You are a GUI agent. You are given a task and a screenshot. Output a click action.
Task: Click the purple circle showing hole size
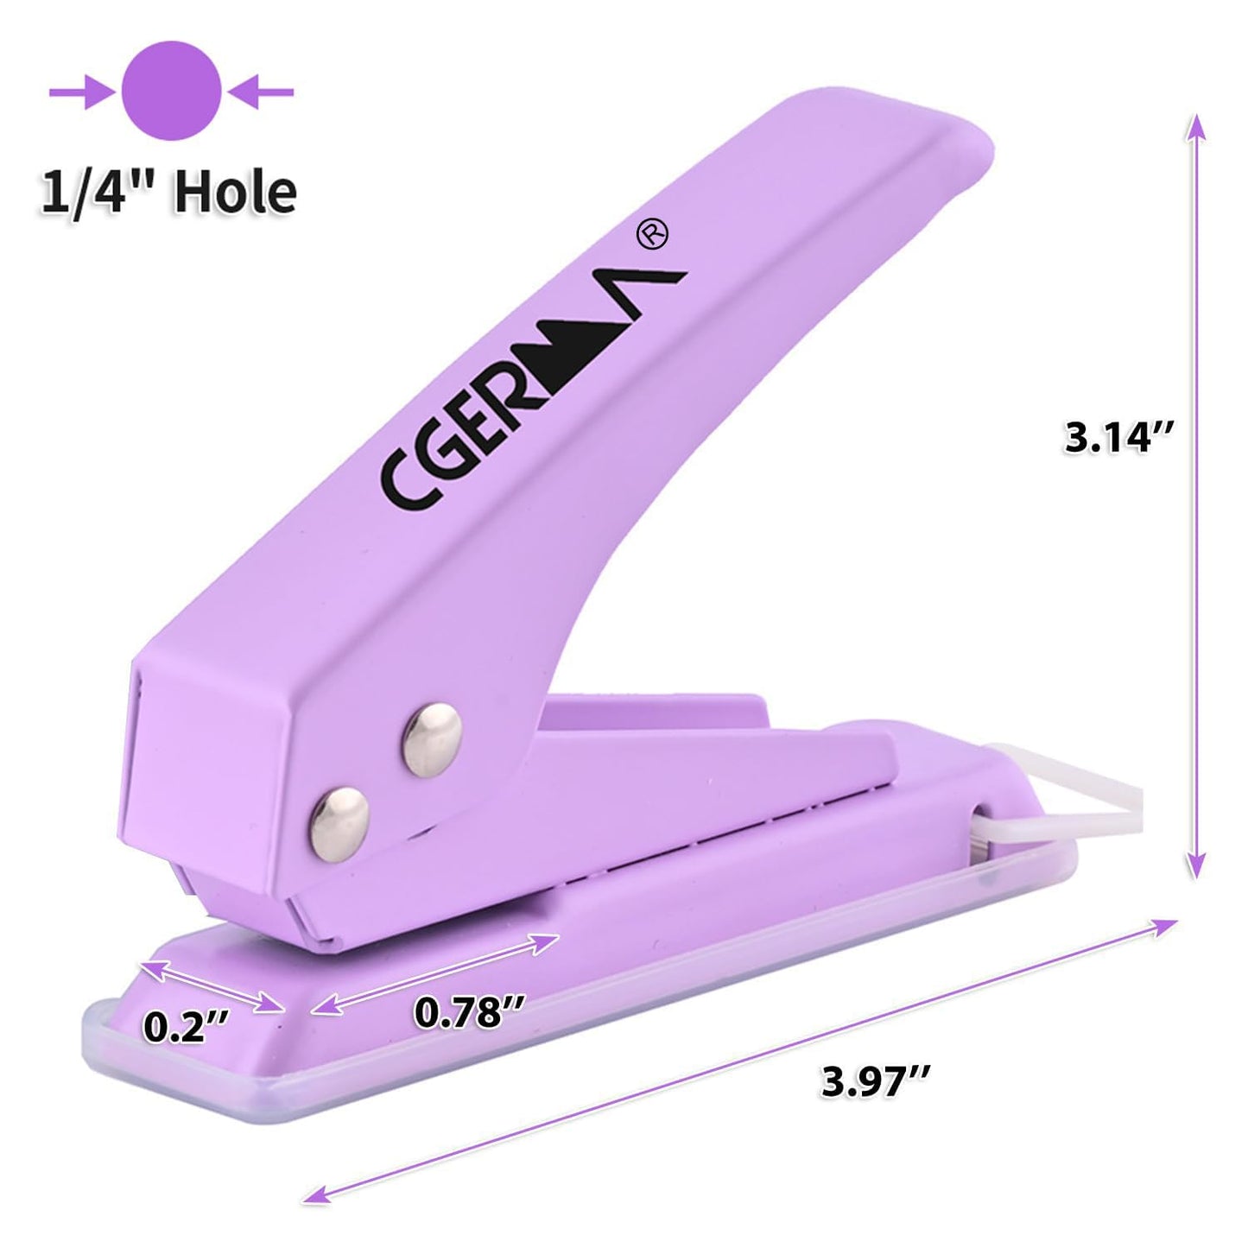172,91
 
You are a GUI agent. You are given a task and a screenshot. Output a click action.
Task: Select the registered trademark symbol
652,234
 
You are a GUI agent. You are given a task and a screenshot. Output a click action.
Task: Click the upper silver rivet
432,738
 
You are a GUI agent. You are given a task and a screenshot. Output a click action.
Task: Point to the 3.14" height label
1118,437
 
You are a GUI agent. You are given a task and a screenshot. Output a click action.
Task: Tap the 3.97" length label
876,1080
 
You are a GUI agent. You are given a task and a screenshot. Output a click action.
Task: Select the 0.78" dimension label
469,1011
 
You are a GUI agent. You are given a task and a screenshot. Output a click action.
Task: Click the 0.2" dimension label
186,1027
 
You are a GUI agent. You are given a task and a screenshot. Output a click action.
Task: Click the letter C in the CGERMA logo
401,487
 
